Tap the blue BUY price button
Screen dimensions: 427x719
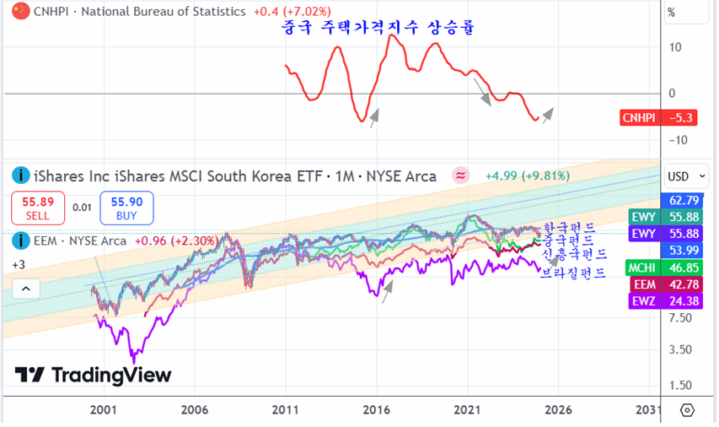coord(126,208)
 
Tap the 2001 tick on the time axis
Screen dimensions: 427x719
coord(104,409)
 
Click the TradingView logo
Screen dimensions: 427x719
coord(93,375)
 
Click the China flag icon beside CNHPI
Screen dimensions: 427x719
coord(17,12)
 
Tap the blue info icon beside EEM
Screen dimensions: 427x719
coord(17,241)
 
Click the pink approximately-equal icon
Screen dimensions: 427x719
coord(461,176)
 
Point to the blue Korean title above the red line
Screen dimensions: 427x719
coord(378,29)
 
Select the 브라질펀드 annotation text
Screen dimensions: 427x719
coord(573,273)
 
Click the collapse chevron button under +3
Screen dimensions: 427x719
coord(25,289)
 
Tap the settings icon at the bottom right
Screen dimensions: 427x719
coord(687,410)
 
